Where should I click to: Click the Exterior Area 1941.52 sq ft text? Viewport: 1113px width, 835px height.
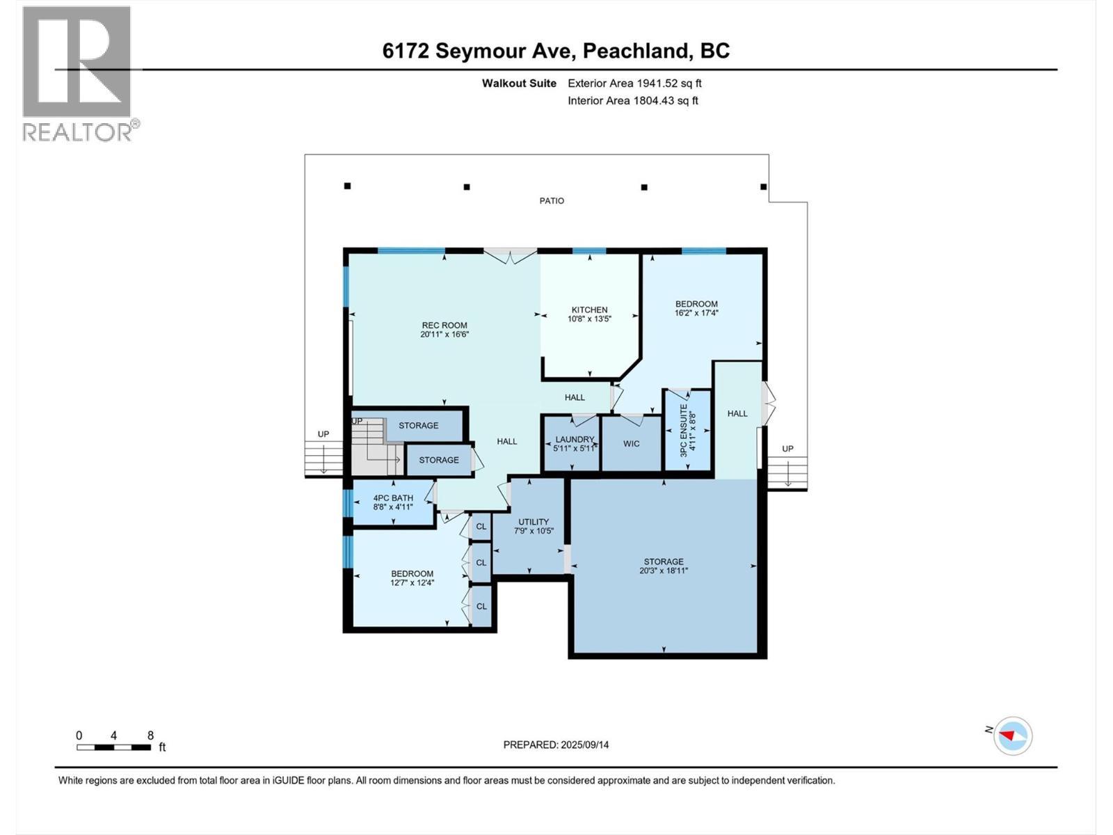coord(634,83)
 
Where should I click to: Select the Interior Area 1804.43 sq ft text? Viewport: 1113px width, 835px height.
coord(632,101)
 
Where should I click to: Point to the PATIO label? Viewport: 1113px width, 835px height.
coord(552,201)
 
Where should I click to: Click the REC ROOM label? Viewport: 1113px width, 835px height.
coord(445,330)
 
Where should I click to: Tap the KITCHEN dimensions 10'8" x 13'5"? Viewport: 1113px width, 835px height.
coord(589,319)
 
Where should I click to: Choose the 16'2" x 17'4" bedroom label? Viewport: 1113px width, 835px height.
coord(696,308)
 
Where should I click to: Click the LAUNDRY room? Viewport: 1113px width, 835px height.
coord(575,444)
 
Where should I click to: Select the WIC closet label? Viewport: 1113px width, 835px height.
coord(631,444)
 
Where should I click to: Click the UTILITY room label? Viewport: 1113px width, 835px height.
coord(534,526)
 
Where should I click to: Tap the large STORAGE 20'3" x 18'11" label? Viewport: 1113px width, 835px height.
coord(664,566)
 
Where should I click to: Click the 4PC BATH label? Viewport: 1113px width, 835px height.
coord(393,502)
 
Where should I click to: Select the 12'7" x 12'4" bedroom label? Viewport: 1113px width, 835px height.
coord(412,578)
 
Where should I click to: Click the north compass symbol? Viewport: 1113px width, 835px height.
coord(1012,735)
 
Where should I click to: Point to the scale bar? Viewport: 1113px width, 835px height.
coord(114,747)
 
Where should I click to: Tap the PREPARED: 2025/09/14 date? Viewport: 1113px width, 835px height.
coord(556,745)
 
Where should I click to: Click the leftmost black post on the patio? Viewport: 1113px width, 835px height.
coord(347,186)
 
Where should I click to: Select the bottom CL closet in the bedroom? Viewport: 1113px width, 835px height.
coord(481,606)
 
